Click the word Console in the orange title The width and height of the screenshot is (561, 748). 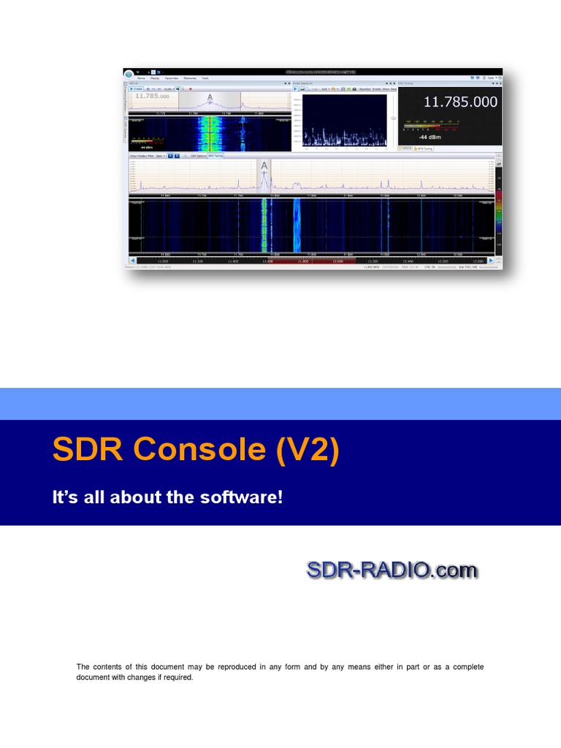click(x=195, y=450)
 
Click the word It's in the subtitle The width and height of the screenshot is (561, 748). click(x=64, y=497)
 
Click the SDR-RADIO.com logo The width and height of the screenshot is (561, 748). click(x=392, y=569)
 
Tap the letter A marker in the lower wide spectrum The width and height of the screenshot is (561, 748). click(x=264, y=167)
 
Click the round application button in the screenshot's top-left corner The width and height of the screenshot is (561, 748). click(x=129, y=74)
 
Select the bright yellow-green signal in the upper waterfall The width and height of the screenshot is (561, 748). click(x=210, y=134)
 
